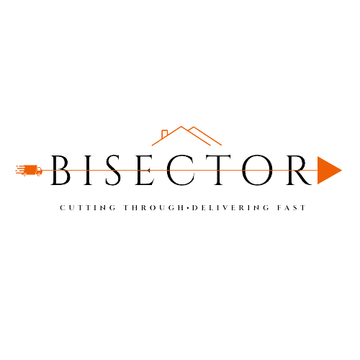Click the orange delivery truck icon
[29, 171]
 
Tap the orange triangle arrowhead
[328, 170]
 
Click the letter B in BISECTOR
[60, 170]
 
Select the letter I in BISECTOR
[88, 170]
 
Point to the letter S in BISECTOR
[113, 170]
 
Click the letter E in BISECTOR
[145, 170]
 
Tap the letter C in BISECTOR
[181, 170]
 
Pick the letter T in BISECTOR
[218, 170]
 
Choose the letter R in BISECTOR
[299, 170]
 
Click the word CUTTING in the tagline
[88, 207]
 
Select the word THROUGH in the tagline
[153, 207]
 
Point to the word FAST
[292, 207]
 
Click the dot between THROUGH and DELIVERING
[188, 207]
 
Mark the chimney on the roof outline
[164, 134]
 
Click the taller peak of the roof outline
[181, 127]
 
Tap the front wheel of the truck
[39, 175]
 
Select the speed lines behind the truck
[20, 169]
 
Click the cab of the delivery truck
[39, 170]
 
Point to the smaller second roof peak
[194, 127]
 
